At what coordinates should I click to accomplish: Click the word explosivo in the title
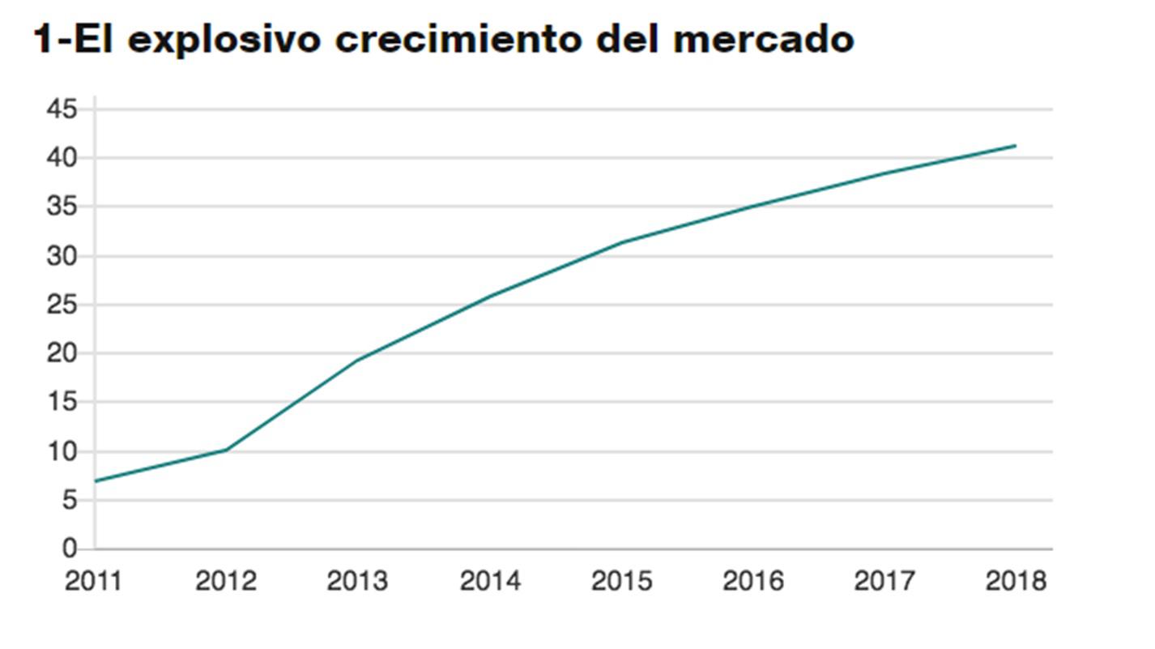(224, 39)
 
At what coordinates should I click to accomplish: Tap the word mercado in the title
(763, 39)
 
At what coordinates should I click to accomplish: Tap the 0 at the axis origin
(70, 549)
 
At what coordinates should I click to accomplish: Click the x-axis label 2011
(94, 581)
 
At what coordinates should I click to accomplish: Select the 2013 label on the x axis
(357, 581)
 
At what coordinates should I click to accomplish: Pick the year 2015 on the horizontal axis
(621, 581)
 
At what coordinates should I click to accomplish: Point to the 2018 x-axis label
(1016, 581)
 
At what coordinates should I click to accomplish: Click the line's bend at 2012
(226, 450)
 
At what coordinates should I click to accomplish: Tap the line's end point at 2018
(1016, 146)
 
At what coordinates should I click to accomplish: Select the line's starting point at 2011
(96, 481)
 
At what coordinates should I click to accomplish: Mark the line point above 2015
(621, 242)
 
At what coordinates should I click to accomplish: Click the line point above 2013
(357, 360)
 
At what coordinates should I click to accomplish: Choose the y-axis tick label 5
(70, 501)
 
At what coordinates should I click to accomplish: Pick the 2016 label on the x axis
(753, 581)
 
